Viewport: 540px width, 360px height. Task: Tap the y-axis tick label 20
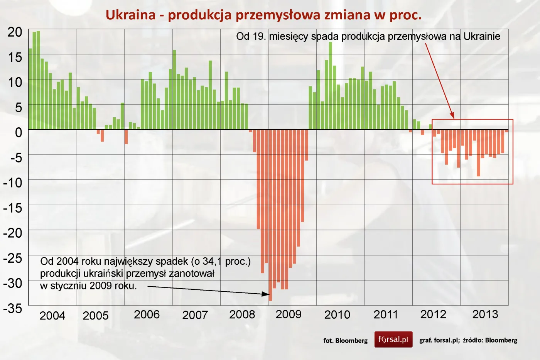point(15,32)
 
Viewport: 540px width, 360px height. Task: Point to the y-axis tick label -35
point(13,308)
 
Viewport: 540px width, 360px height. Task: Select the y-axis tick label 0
point(19,132)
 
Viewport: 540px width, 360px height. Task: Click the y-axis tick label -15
point(13,208)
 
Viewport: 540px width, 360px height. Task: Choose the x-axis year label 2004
point(52,316)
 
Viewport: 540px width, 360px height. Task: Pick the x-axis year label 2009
point(288,314)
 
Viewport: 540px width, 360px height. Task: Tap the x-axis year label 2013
point(485,314)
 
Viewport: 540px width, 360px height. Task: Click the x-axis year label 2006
point(147,314)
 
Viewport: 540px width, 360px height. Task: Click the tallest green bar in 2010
point(330,85)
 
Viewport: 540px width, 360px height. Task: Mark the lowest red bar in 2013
point(478,153)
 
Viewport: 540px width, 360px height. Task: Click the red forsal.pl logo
point(393,340)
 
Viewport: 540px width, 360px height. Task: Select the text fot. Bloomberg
point(345,340)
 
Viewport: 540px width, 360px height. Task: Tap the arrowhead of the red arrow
point(452,116)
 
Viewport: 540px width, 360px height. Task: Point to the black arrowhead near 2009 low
point(266,294)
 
